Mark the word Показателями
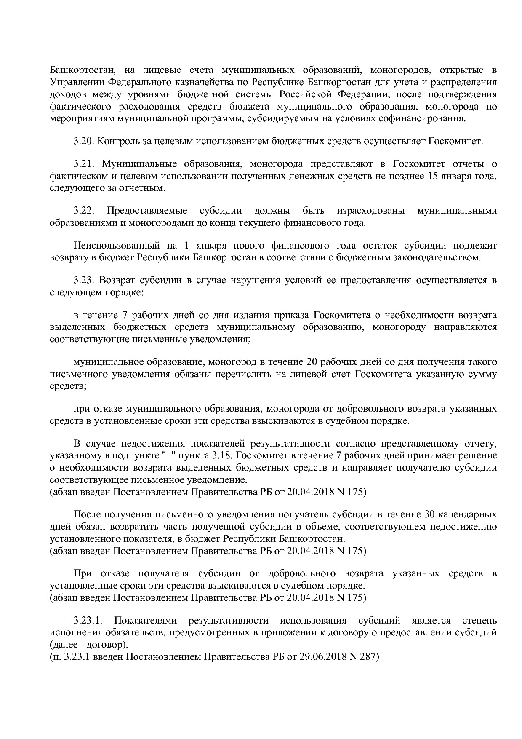146,621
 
